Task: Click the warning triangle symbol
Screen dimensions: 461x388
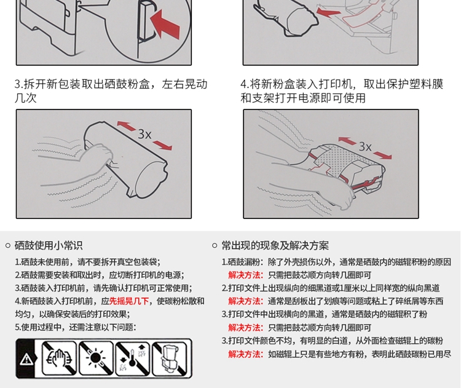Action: coord(26,359)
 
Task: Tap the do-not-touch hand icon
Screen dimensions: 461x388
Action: coord(60,358)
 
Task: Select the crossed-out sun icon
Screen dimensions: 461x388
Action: coord(96,358)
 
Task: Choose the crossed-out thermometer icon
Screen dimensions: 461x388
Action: coord(133,358)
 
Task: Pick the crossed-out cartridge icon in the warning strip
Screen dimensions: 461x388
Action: coord(170,358)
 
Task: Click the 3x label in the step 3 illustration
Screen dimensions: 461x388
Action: coord(144,135)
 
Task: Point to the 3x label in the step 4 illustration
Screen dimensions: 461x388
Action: coord(365,146)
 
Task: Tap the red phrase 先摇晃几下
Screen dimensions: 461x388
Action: coord(129,301)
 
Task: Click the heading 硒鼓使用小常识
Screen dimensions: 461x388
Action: coord(49,245)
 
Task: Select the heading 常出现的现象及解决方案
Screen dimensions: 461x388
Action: coord(275,245)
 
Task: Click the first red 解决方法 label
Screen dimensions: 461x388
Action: coord(245,275)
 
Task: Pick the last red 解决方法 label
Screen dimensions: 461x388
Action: coord(245,354)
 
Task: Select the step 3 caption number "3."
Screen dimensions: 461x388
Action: coord(19,84)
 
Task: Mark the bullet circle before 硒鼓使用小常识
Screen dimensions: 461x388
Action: coord(8,245)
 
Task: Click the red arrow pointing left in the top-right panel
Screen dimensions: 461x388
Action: coord(328,12)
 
